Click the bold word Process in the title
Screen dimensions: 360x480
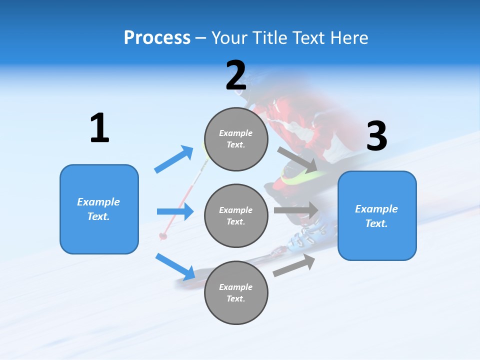pyautogui.click(x=157, y=37)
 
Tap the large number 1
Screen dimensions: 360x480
pyautogui.click(x=99, y=128)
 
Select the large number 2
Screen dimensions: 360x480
pyautogui.click(x=236, y=75)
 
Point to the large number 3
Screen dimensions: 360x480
pyautogui.click(x=376, y=136)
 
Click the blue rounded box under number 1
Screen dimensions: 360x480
pyautogui.click(x=99, y=209)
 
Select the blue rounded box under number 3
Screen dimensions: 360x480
pyautogui.click(x=377, y=215)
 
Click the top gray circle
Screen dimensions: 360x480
pyautogui.click(x=236, y=139)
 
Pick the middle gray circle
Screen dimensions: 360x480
pyautogui.click(x=236, y=215)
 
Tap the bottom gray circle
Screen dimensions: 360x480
pyautogui.click(x=236, y=292)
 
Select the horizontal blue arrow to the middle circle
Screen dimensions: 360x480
pyautogui.click(x=175, y=211)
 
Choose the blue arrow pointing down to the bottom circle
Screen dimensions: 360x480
pyautogui.click(x=175, y=266)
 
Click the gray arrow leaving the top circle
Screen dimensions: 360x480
pyautogui.click(x=297, y=160)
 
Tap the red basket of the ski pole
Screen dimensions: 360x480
pyautogui.click(x=163, y=235)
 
